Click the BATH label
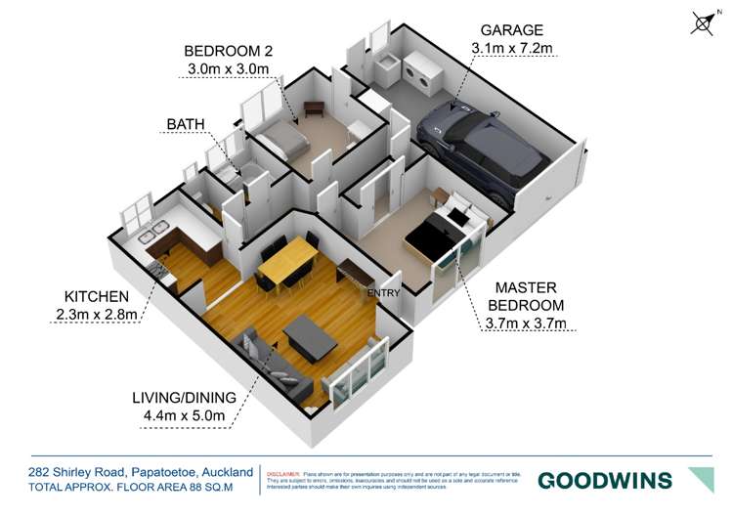[186, 124]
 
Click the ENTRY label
[383, 291]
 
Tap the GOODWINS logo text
[605, 480]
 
